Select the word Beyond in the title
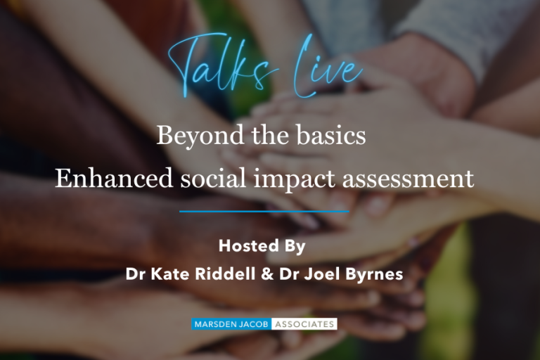click(200, 136)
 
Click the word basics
click(331, 135)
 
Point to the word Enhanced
click(114, 178)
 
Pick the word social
click(214, 178)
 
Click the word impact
click(295, 180)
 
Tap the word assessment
click(408, 179)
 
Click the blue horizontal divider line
click(264, 211)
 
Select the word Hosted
click(249, 245)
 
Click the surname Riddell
click(225, 274)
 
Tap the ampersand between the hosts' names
click(267, 274)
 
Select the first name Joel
click(321, 274)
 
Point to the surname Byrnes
click(374, 275)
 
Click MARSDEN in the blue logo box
click(215, 324)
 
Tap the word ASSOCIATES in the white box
click(304, 324)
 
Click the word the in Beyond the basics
click(270, 135)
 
